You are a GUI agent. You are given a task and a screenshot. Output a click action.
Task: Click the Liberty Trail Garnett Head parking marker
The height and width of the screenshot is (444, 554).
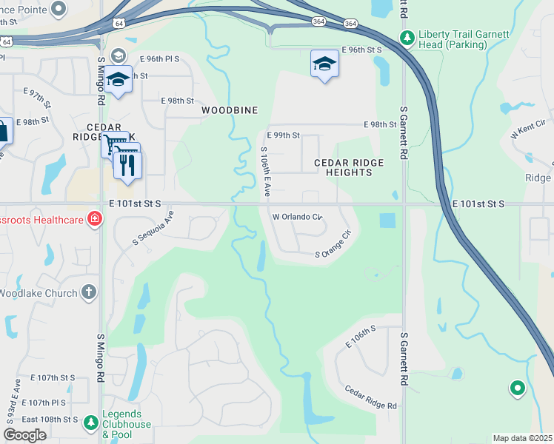[x=407, y=37]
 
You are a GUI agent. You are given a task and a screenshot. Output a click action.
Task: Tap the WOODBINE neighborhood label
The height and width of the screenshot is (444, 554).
[x=230, y=110]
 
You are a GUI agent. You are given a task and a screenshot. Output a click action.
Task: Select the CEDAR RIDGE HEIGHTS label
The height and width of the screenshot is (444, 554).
[x=348, y=167]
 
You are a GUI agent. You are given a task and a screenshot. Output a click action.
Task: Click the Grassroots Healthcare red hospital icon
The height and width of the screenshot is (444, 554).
[x=94, y=218]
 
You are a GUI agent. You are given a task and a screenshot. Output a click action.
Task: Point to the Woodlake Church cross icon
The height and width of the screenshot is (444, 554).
[x=89, y=293]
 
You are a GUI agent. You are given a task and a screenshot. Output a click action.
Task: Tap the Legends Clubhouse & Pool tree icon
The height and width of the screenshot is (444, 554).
[x=90, y=423]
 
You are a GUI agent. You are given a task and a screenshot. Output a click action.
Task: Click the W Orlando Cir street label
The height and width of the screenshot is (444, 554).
[x=298, y=218]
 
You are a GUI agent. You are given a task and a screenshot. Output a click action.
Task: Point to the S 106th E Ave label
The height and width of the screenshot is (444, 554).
[x=264, y=171]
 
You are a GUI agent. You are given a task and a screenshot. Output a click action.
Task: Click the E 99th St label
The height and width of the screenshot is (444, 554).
[x=283, y=135]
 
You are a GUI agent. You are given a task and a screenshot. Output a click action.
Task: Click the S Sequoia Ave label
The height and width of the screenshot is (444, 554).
[x=153, y=229]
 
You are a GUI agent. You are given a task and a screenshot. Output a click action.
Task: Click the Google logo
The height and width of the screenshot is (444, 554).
[x=24, y=435]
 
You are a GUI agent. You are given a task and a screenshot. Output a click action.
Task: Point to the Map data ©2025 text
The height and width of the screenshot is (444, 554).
[x=522, y=438]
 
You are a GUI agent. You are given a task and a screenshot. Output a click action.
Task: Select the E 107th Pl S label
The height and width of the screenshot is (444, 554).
[x=44, y=403]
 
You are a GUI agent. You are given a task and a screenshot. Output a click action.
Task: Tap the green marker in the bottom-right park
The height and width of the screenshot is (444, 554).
[x=516, y=387]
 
